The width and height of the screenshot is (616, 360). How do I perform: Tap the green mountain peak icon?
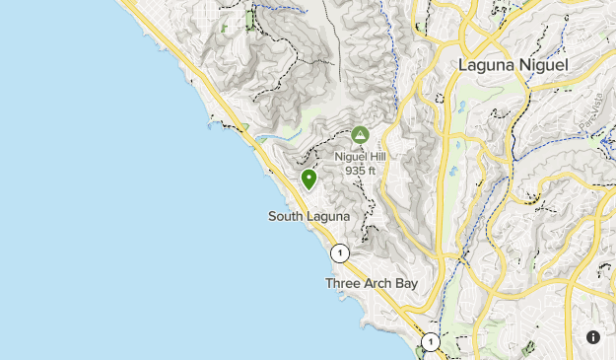[x=360, y=134]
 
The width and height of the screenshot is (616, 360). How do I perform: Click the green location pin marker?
[x=308, y=179]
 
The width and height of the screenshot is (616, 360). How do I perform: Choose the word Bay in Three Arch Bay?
[x=406, y=283]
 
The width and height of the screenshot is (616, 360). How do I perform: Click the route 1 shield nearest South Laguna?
[x=340, y=252]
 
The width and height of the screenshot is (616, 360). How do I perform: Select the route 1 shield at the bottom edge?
[x=430, y=342]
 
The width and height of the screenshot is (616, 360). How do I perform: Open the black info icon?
[x=593, y=337]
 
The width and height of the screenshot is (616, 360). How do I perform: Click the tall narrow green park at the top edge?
[x=250, y=18]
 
